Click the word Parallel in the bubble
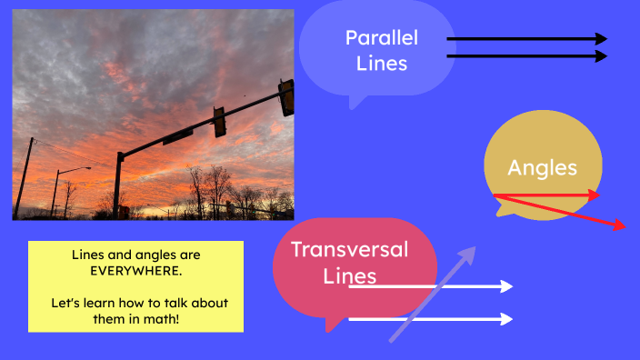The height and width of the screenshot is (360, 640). coord(382,38)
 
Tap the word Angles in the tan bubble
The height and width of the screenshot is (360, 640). coord(542,167)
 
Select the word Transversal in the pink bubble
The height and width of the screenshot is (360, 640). coord(349,249)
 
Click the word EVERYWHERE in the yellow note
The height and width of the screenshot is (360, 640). coord(135,271)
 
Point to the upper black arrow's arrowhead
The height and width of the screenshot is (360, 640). coord(601,39)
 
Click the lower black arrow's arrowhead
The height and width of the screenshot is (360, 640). coord(601,56)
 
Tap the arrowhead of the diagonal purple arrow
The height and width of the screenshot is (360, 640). coord(469,253)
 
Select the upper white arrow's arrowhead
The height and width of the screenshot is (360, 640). coord(506,287)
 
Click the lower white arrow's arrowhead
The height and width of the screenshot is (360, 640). coord(506,319)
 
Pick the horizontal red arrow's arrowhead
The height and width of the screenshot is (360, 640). coord(595,195)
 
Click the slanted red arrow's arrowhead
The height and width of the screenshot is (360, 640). coord(620,225)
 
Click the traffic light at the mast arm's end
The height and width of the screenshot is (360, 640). coord(286,96)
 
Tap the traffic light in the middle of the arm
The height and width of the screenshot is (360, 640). coord(219,121)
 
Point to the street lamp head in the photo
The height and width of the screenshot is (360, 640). coord(85,168)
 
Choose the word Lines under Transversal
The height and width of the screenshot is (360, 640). coord(350,275)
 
